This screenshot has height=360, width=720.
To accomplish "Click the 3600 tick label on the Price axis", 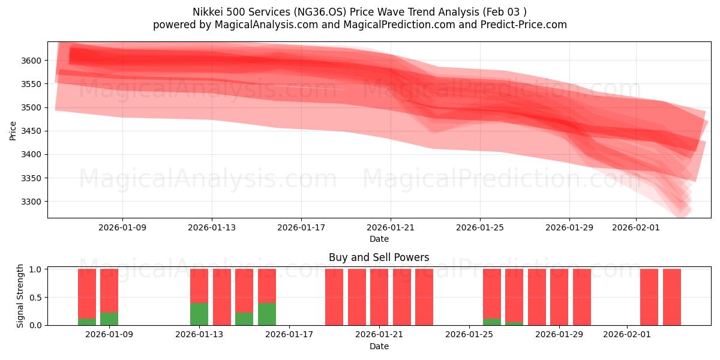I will click(x=31, y=61).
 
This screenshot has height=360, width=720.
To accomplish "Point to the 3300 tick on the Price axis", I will click(x=31, y=202).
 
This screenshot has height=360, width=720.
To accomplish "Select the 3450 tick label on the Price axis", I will click(x=31, y=131).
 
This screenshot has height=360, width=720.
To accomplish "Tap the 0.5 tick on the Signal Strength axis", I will click(x=36, y=297).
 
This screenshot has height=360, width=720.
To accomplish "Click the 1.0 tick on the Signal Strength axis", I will click(x=36, y=269).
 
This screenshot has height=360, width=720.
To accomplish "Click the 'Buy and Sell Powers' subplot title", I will click(x=379, y=257).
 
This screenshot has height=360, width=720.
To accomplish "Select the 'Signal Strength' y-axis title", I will click(x=20, y=296).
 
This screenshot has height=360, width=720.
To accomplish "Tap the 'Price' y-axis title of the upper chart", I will click(x=13, y=130).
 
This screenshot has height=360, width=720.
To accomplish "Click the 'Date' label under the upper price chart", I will click(x=379, y=239).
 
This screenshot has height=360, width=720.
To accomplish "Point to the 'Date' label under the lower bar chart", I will click(x=379, y=346).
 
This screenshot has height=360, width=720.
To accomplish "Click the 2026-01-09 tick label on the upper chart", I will click(x=122, y=227).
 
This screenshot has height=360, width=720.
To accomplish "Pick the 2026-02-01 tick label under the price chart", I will click(x=636, y=227).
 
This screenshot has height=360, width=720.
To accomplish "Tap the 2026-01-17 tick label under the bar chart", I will click(x=289, y=335).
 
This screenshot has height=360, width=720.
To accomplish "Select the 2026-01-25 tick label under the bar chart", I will click(x=469, y=335).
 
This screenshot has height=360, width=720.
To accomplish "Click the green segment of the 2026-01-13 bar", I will click(x=199, y=314).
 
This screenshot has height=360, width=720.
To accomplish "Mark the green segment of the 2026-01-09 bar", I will click(x=109, y=319).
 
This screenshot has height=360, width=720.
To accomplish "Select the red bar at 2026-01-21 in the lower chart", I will click(x=379, y=297).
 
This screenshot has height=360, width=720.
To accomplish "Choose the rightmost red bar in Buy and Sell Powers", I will click(x=672, y=297).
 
